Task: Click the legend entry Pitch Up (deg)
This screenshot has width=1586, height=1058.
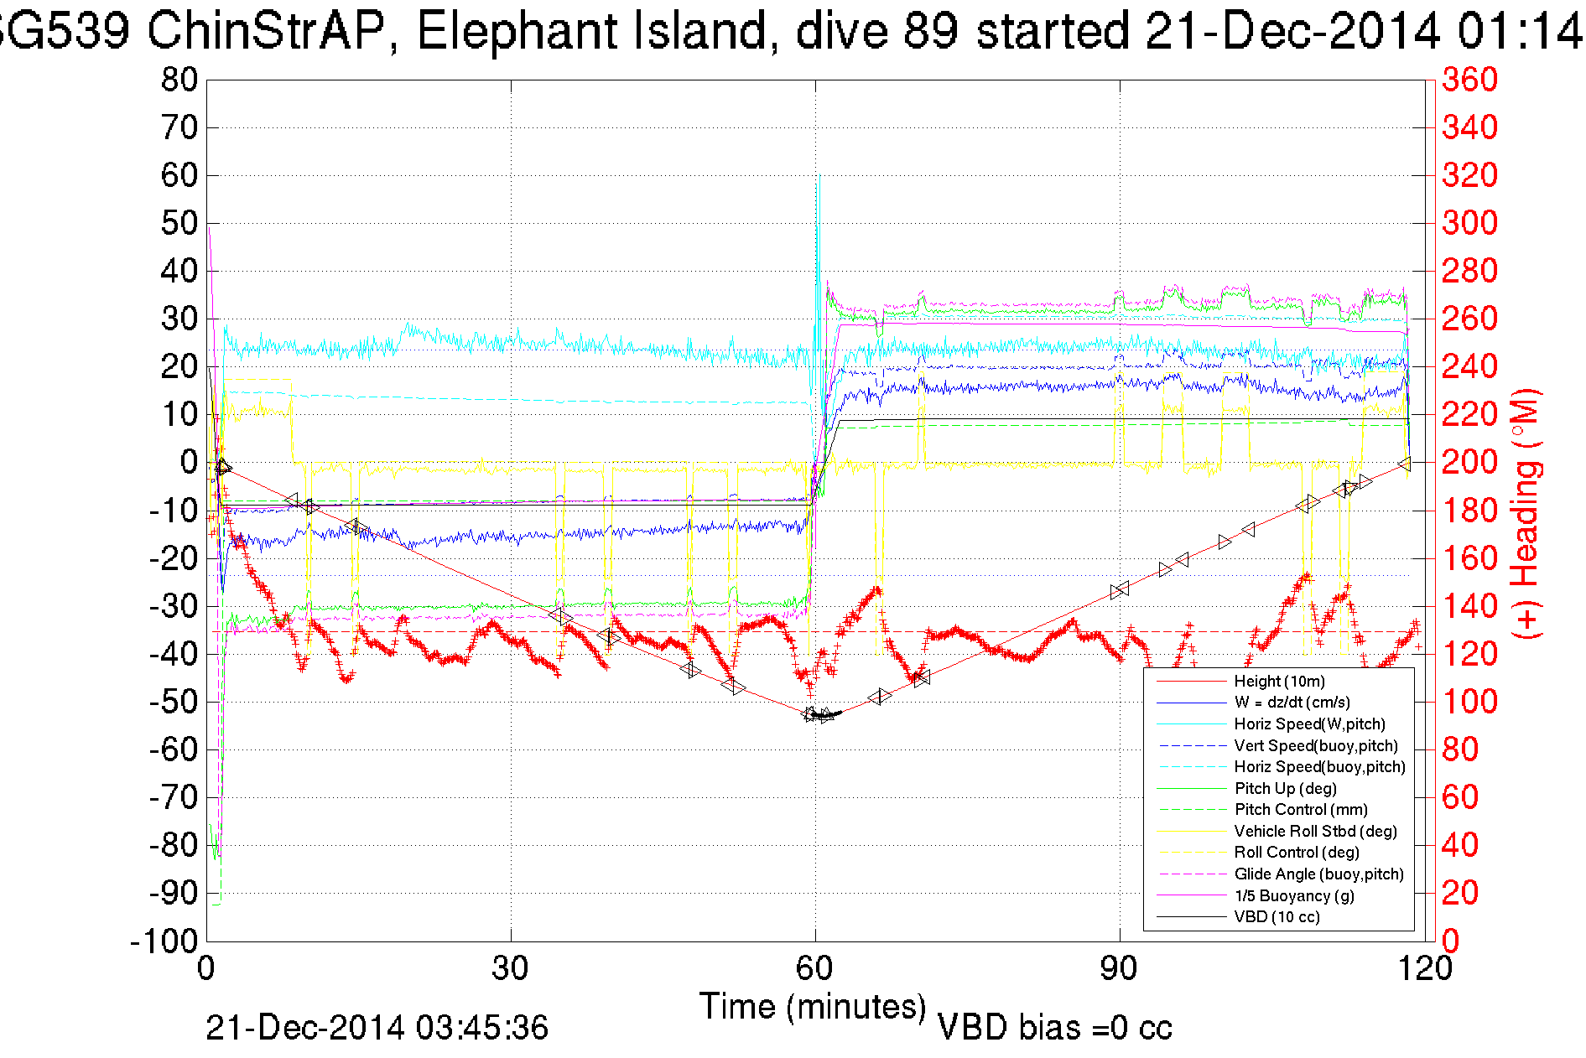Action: click(x=1285, y=788)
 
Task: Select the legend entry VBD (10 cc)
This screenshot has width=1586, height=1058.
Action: click(x=1277, y=916)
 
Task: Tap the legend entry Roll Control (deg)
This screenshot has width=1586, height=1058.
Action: click(x=1296, y=852)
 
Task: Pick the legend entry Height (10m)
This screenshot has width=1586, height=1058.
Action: click(x=1279, y=681)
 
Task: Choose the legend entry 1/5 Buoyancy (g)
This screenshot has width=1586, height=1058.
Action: click(x=1294, y=895)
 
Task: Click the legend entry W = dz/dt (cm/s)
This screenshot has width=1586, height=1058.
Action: click(x=1292, y=702)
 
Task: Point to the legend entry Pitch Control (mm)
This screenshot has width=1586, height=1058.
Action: click(x=1301, y=809)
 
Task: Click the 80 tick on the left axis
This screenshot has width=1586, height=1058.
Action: click(x=179, y=80)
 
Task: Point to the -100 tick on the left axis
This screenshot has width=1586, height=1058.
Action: click(x=164, y=941)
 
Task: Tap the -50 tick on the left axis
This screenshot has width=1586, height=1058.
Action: click(x=173, y=702)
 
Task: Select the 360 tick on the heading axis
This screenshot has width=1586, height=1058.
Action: click(x=1469, y=80)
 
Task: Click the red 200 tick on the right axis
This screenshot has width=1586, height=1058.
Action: click(x=1469, y=462)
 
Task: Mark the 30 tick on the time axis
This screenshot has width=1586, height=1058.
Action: click(x=511, y=969)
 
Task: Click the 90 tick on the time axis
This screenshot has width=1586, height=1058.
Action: click(x=1119, y=969)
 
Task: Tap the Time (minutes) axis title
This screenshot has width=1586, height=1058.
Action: click(x=812, y=1006)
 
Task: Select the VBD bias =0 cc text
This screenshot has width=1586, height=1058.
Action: click(x=1054, y=1028)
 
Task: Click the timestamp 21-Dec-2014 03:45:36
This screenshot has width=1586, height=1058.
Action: click(x=377, y=1028)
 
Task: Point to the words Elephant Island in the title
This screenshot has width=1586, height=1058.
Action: click(x=591, y=32)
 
